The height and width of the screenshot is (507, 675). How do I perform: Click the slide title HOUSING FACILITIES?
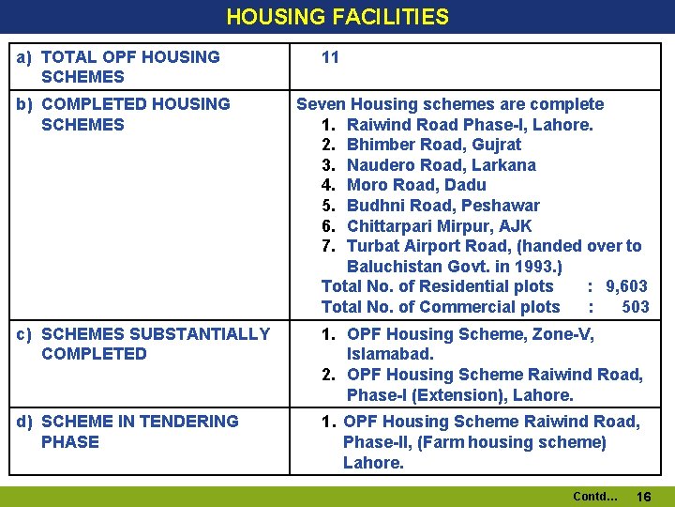337,17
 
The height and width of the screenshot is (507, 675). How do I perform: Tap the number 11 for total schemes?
330,57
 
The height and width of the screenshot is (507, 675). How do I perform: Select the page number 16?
643,496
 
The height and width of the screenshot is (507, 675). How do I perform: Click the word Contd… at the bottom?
594,496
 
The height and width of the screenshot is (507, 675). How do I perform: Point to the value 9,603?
626,286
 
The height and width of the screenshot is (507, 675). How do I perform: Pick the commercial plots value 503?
635,307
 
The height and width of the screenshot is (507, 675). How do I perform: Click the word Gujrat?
498,145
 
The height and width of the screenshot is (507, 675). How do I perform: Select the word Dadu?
466,185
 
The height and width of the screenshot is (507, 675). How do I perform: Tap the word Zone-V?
562,334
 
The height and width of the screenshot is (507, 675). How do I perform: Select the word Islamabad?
388,355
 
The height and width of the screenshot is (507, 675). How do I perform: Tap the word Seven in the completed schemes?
322,104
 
